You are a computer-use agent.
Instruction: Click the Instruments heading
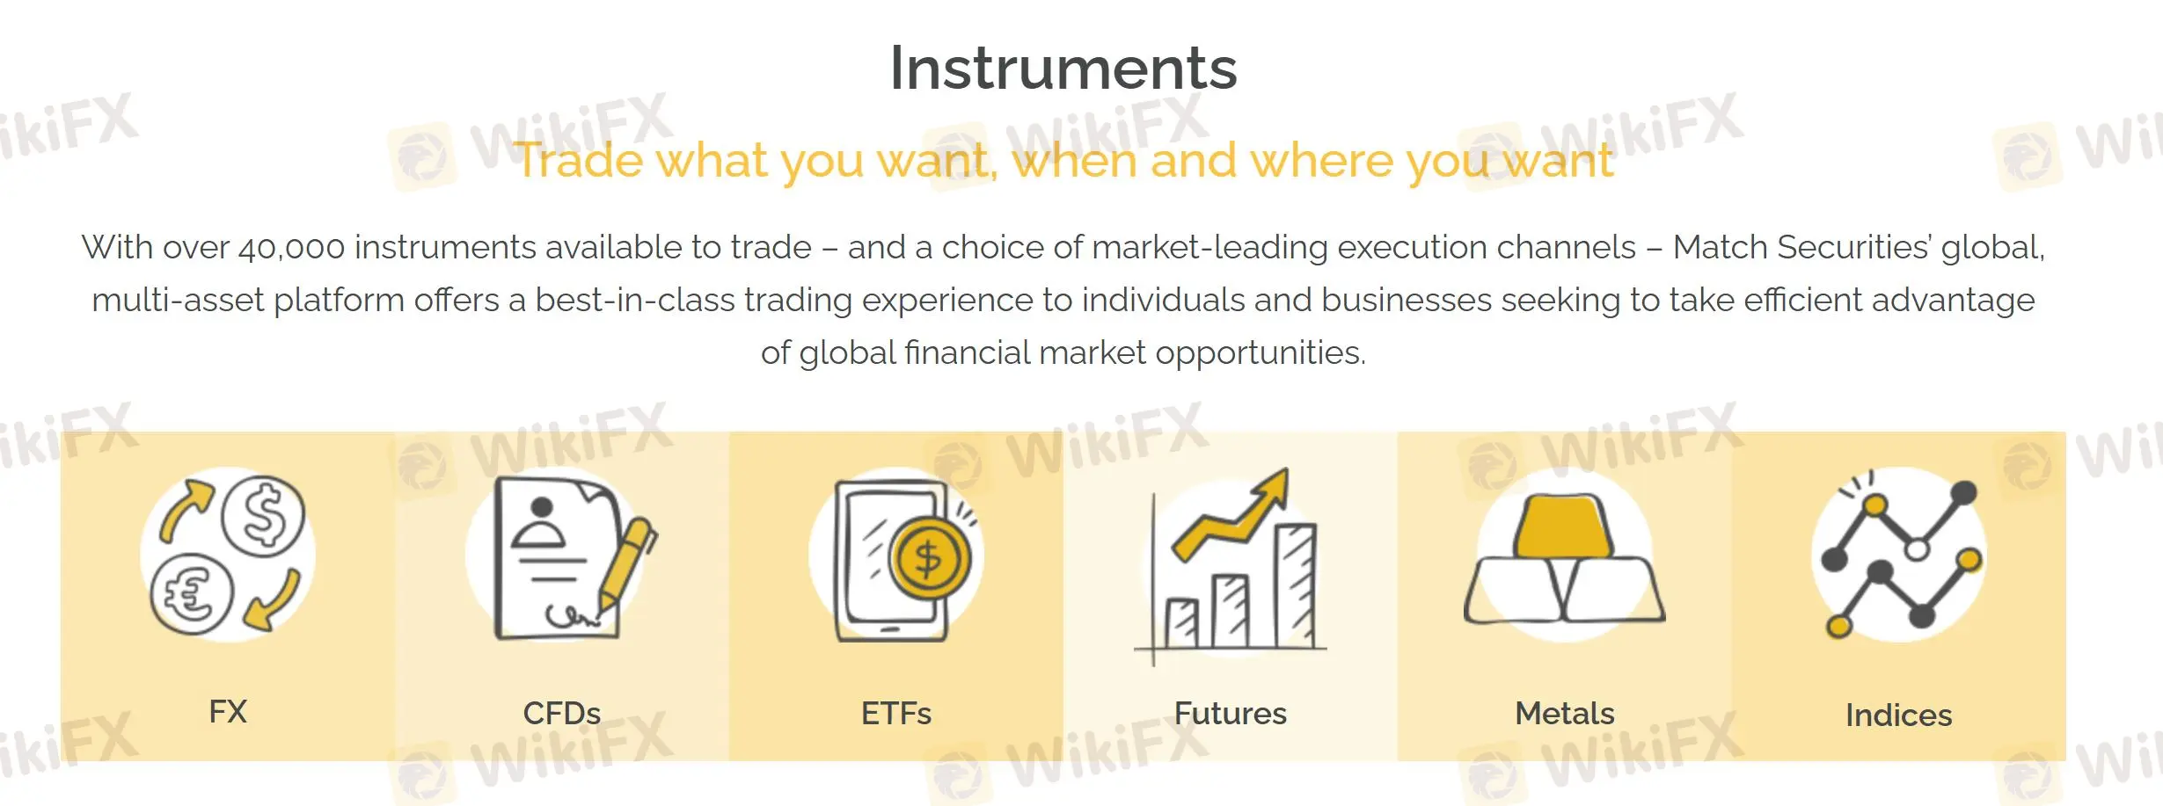coord(1063,69)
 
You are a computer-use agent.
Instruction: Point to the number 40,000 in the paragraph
coord(291,248)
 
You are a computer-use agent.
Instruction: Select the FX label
coord(228,711)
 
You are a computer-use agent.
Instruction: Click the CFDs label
coord(562,713)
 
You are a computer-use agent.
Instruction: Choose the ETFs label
coord(895,713)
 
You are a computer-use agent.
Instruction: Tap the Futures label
coord(1230,713)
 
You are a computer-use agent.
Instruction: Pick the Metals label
coord(1564,713)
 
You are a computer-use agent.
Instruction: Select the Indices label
coord(1898,715)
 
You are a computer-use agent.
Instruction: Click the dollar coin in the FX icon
coord(263,516)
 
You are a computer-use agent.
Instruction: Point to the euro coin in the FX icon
coord(191,594)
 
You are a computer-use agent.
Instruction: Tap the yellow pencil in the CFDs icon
coord(626,563)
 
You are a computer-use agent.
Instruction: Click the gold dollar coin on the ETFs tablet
coord(929,558)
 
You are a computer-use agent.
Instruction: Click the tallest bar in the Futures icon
coord(1296,585)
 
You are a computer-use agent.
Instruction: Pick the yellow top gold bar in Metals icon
coord(1563,526)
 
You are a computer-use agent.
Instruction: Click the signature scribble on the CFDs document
coord(572,616)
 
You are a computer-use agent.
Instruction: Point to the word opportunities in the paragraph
coord(1260,353)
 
